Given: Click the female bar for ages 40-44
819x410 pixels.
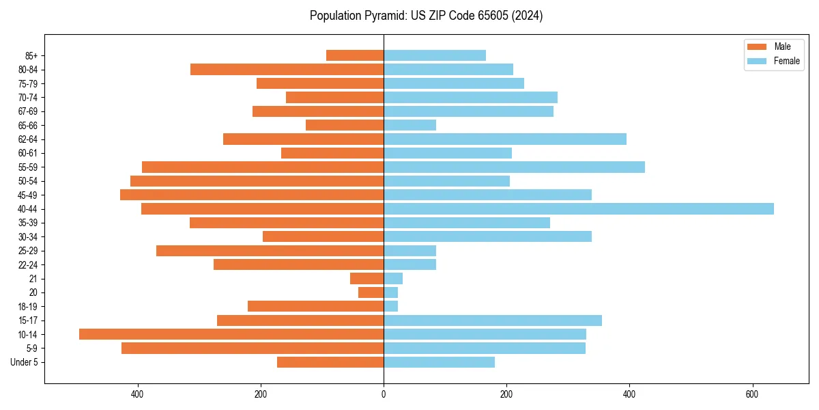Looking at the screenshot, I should [x=579, y=209].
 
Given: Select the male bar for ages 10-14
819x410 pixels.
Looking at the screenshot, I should [x=231, y=334].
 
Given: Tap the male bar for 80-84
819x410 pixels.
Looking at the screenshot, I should [x=287, y=70].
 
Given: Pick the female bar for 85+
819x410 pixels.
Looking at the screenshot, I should [x=435, y=55].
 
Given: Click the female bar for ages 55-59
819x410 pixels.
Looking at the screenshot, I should [x=514, y=167].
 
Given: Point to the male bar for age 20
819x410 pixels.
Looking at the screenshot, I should [x=371, y=292].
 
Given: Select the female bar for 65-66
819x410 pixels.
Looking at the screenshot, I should [x=409, y=125].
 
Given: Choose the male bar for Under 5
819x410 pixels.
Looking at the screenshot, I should [x=330, y=362].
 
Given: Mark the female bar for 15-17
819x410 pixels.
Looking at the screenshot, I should [x=493, y=320].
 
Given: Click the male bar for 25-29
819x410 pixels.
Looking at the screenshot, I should [x=270, y=251].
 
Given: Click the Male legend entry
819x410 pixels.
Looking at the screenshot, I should [x=773, y=46].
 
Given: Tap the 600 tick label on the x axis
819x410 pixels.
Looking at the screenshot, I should [x=752, y=394].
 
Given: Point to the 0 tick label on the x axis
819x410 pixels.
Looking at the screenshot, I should [x=384, y=394].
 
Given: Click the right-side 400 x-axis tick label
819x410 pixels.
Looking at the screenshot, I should [x=629, y=394].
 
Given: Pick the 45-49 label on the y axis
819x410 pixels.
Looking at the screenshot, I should [x=28, y=195].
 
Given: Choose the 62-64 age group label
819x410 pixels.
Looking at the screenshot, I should [x=28, y=139].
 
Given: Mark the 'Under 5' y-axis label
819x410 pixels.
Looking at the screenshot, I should [x=25, y=362].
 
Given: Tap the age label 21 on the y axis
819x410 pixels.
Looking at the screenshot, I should [x=33, y=279].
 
